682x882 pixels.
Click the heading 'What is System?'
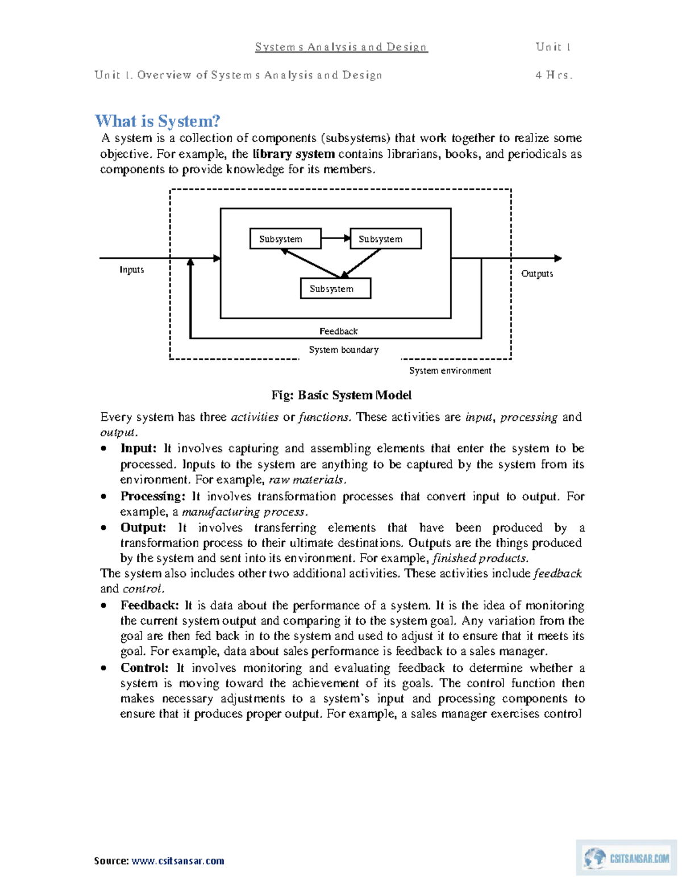(157, 121)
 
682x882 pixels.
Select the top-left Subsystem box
(285, 239)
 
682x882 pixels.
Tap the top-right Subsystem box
(385, 239)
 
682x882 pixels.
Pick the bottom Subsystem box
(335, 289)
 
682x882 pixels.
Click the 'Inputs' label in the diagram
(131, 270)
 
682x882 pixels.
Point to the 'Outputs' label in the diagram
(537, 274)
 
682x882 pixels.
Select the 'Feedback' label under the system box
(338, 331)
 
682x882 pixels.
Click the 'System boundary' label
(343, 350)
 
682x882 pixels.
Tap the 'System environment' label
(450, 371)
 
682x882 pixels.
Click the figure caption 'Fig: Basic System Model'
(341, 395)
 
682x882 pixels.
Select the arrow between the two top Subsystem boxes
(335, 239)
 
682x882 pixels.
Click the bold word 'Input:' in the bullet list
(138, 449)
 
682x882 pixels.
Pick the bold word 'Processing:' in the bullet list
(152, 496)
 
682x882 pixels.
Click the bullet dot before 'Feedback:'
(103, 606)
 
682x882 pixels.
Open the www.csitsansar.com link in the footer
(178, 861)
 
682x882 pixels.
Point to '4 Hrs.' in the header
(554, 75)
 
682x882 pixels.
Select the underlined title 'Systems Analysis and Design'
(341, 47)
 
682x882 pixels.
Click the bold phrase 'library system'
(293, 154)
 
